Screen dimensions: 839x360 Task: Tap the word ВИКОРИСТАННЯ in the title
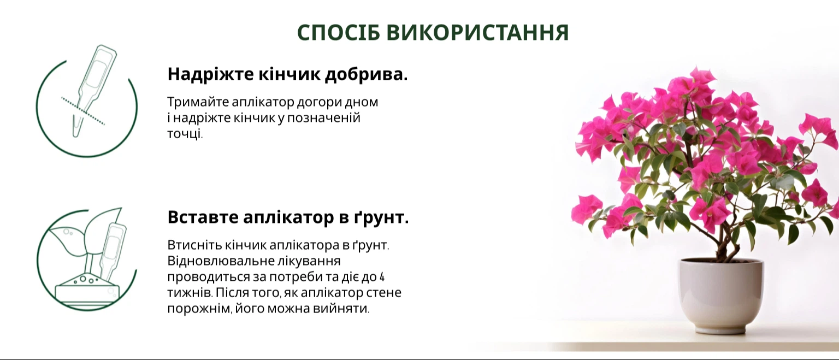pos(478,33)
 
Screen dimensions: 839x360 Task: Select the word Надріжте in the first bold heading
pos(210,74)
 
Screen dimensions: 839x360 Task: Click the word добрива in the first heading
pos(365,74)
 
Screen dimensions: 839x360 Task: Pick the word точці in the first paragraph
pos(185,134)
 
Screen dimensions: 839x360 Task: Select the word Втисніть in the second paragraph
pos(195,245)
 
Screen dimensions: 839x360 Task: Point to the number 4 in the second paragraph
pos(382,277)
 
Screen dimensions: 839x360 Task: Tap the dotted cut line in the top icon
pos(83,111)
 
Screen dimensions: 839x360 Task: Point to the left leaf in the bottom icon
pos(67,241)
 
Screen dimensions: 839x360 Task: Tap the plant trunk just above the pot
pos(725,249)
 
